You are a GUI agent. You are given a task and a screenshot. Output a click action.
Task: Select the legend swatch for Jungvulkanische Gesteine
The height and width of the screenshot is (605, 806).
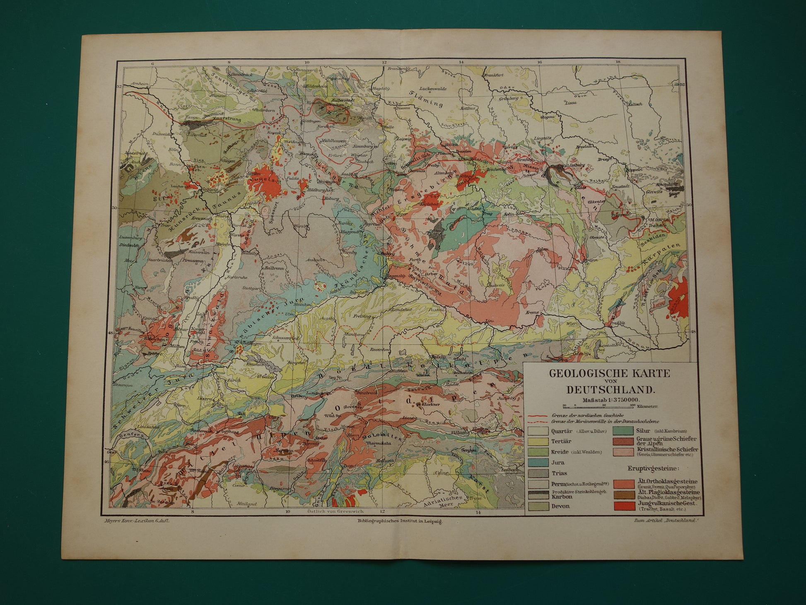626,506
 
